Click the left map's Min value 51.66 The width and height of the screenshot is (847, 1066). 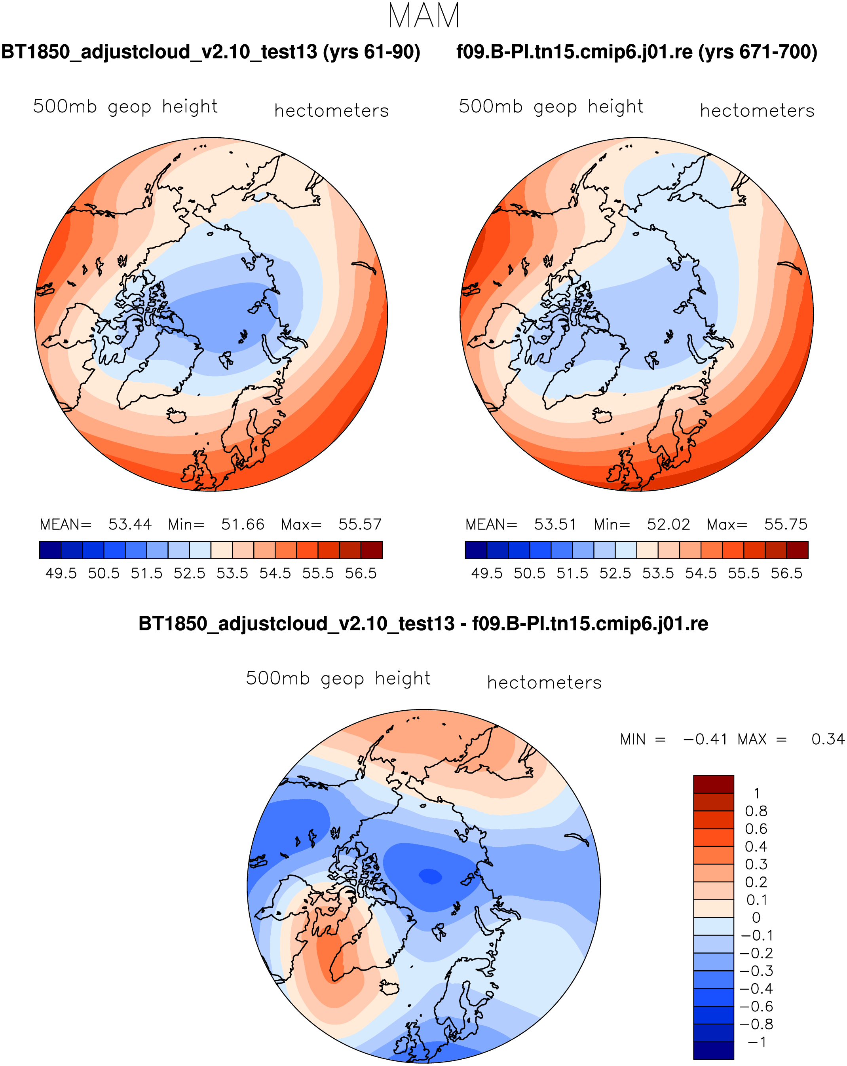[x=242, y=524]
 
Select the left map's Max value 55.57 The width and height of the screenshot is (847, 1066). [x=359, y=524]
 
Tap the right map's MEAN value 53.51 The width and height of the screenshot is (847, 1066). [x=555, y=524]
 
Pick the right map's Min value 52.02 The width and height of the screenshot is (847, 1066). [x=668, y=524]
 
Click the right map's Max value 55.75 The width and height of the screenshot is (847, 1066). [x=785, y=524]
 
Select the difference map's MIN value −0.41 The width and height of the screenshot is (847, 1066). [x=705, y=739]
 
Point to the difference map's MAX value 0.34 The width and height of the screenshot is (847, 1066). [x=828, y=739]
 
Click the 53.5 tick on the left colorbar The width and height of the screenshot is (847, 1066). [x=232, y=573]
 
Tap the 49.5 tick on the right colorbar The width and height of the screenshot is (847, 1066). [x=486, y=573]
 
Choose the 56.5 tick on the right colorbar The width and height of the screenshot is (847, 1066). [x=786, y=573]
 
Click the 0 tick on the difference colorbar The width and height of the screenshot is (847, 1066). [x=756, y=918]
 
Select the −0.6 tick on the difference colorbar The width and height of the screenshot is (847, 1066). [x=756, y=1006]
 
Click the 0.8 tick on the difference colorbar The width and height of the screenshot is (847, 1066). [x=756, y=811]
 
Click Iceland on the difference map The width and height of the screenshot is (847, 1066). [x=389, y=988]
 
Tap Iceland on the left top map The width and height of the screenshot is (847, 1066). [x=177, y=415]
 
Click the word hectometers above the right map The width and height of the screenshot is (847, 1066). [x=757, y=111]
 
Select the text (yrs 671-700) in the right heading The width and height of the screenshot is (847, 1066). [x=758, y=52]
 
